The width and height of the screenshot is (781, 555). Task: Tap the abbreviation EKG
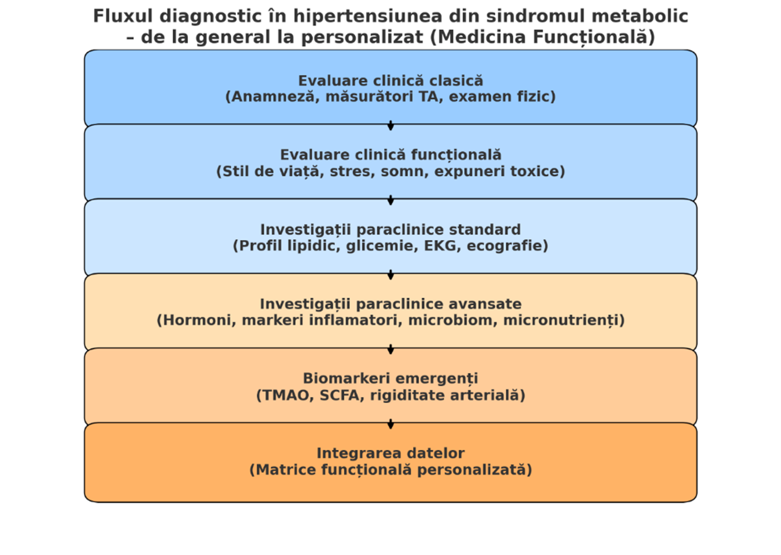pyautogui.click(x=440, y=246)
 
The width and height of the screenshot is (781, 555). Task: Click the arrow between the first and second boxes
pyautogui.click(x=390, y=125)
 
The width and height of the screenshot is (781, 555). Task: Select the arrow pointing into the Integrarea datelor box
pyautogui.click(x=390, y=424)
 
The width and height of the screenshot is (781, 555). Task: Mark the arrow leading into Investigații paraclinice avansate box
pyautogui.click(x=390, y=275)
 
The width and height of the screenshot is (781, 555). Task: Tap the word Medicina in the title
pyautogui.click(x=481, y=37)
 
